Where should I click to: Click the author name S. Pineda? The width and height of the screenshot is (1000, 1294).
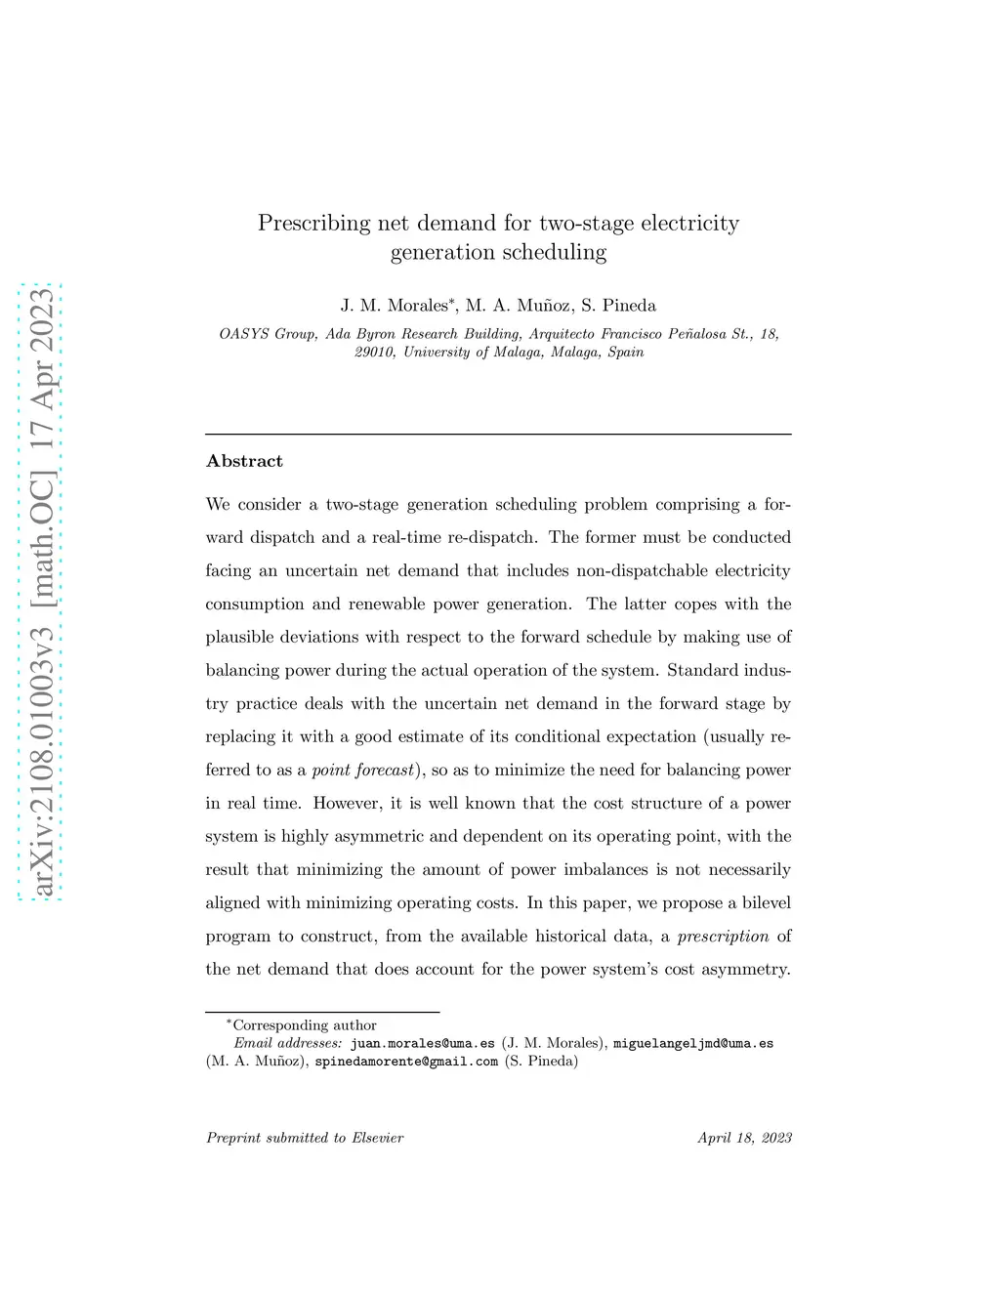point(618,306)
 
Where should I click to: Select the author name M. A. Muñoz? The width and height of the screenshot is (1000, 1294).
point(519,306)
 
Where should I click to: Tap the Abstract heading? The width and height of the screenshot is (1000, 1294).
point(244,461)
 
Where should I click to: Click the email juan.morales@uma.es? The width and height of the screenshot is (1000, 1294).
point(422,1043)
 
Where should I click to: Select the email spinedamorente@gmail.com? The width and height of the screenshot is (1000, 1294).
point(406,1061)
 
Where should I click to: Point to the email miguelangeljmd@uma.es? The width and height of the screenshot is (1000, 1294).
point(692,1043)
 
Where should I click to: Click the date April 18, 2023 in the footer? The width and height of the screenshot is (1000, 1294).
point(744,1138)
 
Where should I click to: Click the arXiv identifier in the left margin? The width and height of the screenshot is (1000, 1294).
point(41,592)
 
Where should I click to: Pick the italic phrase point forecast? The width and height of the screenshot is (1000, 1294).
point(362,771)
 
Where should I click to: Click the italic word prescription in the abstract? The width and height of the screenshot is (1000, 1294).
point(723,937)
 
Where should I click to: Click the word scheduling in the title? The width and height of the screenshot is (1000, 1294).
point(551,253)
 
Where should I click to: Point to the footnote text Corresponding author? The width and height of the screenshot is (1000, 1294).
point(304,1025)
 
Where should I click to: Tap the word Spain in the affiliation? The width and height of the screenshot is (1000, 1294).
point(625,352)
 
